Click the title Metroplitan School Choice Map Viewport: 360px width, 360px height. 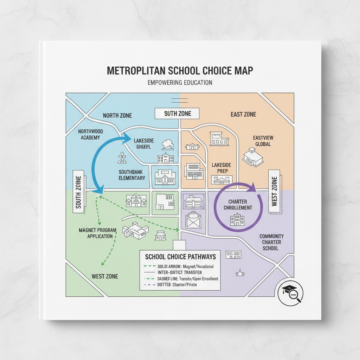tap(180, 70)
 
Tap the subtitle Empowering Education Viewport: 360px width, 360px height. tap(180, 83)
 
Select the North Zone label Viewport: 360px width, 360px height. tap(117, 115)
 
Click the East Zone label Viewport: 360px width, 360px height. tap(243, 114)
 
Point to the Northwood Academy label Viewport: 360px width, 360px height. tap(90, 134)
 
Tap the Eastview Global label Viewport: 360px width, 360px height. tap(263, 141)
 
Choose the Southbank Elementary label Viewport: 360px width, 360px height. tap(132, 175)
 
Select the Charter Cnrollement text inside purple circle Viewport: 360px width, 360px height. tap(238, 205)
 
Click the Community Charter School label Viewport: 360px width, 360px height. tap(271, 242)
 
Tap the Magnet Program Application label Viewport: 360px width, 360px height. tap(98, 233)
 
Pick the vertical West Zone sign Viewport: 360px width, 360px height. tap(274, 191)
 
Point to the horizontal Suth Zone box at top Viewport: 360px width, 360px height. tap(177, 114)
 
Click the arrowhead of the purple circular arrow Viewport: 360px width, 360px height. tap(252, 188)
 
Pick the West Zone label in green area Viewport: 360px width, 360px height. tap(105, 276)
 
